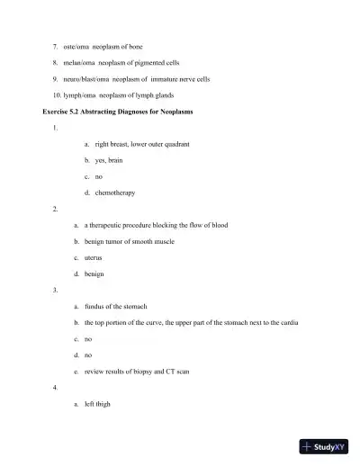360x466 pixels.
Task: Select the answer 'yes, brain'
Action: pos(112,159)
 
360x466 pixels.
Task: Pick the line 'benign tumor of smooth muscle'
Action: pos(135,241)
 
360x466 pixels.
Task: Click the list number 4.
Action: pos(56,387)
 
